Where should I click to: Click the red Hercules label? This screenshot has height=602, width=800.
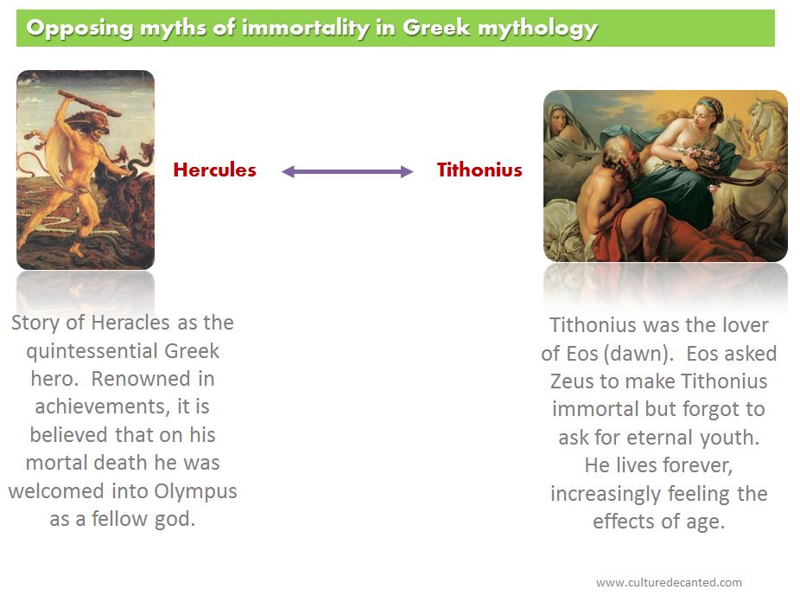click(x=215, y=170)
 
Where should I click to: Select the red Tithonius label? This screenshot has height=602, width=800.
click(x=479, y=170)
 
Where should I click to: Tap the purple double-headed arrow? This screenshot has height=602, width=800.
click(x=347, y=171)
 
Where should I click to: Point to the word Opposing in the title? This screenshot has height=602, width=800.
click(x=79, y=28)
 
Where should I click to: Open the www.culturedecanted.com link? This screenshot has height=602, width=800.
click(x=669, y=582)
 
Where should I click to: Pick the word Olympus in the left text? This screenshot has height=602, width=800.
click(x=195, y=491)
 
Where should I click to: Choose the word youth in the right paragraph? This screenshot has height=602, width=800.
click(x=730, y=438)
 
